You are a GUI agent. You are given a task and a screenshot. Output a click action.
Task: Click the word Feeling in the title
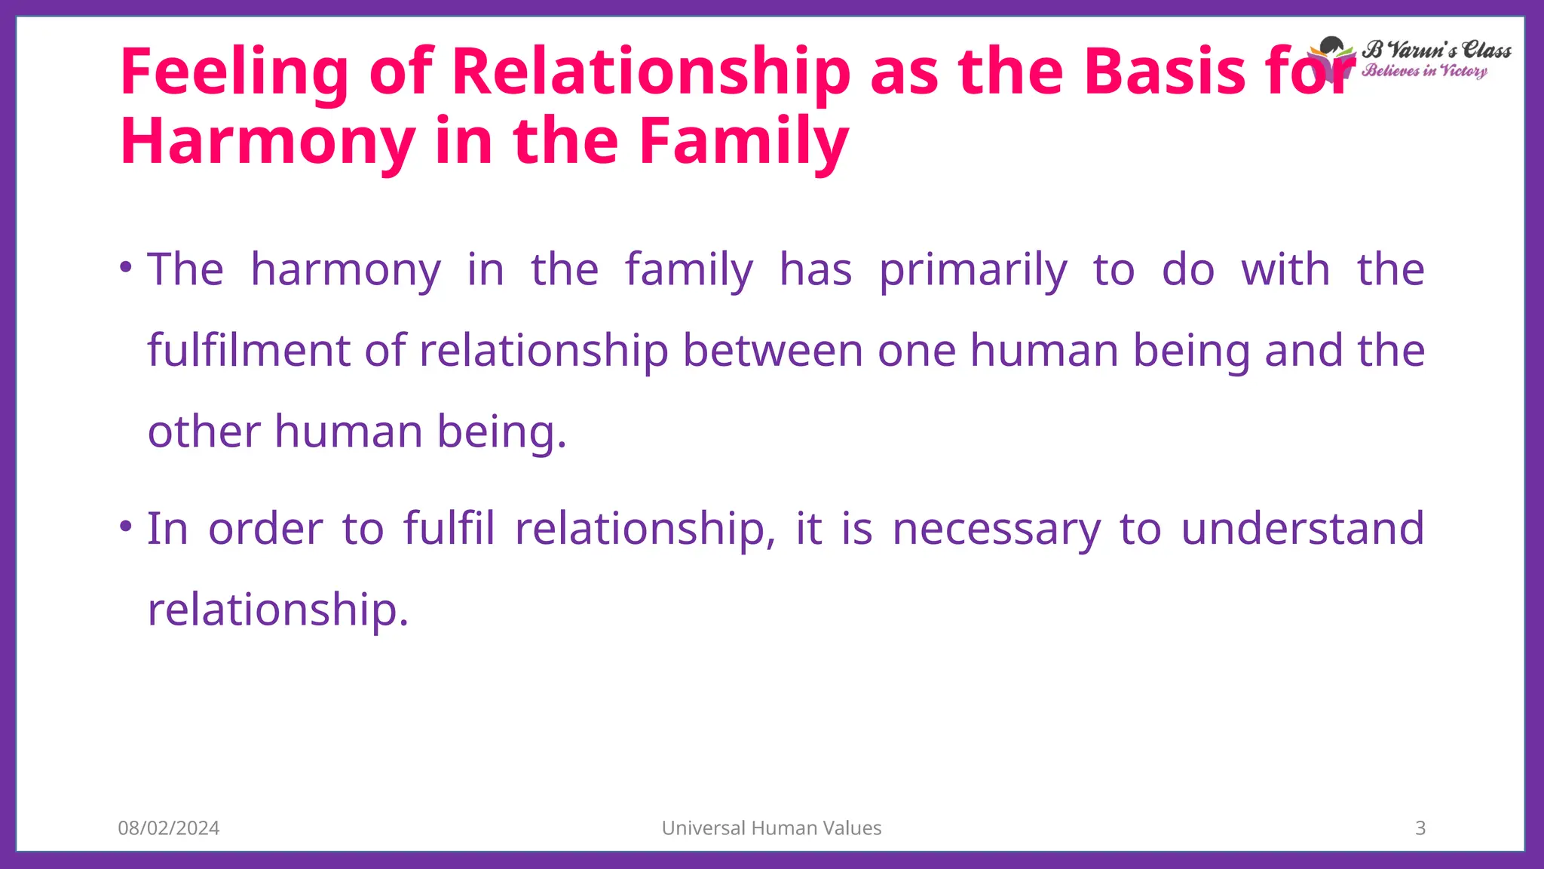coord(234,72)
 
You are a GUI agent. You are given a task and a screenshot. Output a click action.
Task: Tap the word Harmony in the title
coord(268,142)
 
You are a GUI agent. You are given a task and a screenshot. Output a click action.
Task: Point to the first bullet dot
coord(127,267)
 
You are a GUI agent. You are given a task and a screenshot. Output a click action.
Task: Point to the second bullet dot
coord(127,526)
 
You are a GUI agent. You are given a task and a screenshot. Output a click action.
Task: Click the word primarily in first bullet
coord(973,270)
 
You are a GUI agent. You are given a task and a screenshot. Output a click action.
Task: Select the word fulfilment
coord(249,351)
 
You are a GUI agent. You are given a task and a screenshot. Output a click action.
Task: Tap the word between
coord(773,351)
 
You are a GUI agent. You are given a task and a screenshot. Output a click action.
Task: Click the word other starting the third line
coord(204,431)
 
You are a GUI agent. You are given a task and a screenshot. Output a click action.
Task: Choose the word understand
coord(1302,529)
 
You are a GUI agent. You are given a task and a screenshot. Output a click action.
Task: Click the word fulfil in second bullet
coord(449,529)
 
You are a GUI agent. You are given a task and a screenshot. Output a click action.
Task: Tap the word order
coord(265,529)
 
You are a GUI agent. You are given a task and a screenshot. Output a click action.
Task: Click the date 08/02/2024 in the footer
coord(169,828)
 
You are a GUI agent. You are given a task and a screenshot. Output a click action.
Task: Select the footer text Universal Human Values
coord(771,828)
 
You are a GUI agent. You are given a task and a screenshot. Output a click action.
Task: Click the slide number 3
coord(1420,828)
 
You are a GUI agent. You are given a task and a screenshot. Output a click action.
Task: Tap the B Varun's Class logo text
coord(1436,51)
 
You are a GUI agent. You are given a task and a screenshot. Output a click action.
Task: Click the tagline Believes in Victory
coord(1424,71)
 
